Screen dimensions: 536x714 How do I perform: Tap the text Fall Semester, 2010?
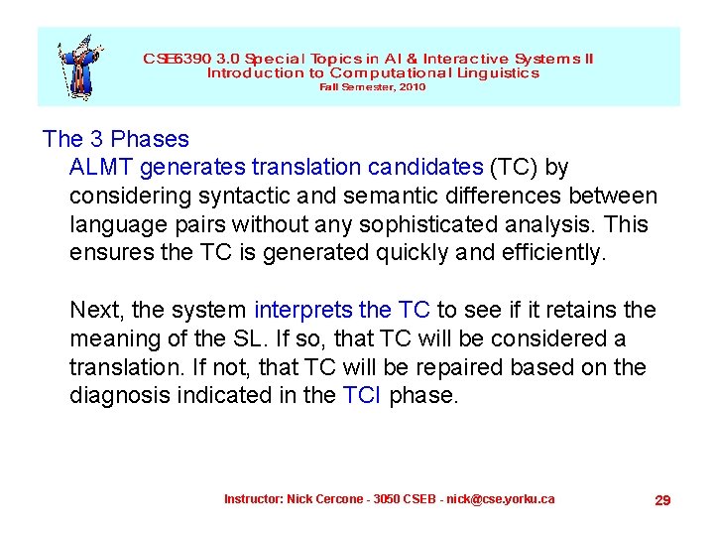[372, 87]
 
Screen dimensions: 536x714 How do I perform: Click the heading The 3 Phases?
[115, 139]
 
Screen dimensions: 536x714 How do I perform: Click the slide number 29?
[662, 500]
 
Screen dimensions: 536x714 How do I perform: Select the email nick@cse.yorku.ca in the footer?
[501, 498]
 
